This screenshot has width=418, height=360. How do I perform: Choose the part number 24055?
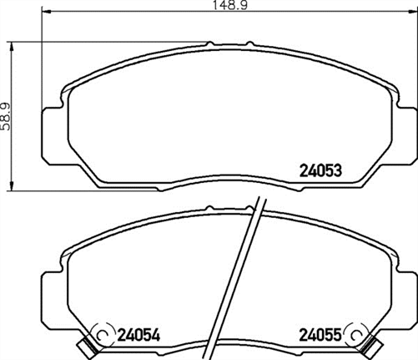(321, 336)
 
